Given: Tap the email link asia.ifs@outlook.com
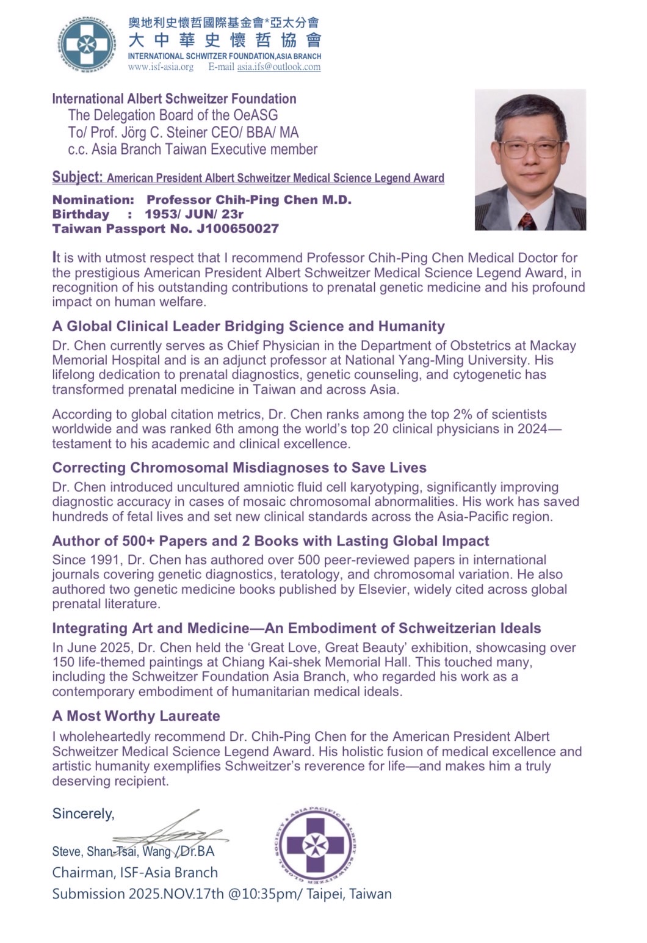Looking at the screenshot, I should coord(278,67).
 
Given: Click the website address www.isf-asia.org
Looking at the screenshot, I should coord(161,67).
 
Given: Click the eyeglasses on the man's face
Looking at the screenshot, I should coord(529,148).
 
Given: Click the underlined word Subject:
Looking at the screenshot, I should coord(77,177).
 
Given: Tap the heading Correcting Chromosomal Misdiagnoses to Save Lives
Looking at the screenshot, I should coord(239,468).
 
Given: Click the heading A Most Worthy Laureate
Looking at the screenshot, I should coord(136,716).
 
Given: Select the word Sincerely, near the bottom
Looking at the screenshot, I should coord(83,814).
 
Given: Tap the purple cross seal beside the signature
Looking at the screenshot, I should coord(315,846).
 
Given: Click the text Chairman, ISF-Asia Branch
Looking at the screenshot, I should coord(135,873).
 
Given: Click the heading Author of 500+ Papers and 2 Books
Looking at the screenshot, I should coord(270,541).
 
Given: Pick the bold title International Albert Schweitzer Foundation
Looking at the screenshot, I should coord(174,99).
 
